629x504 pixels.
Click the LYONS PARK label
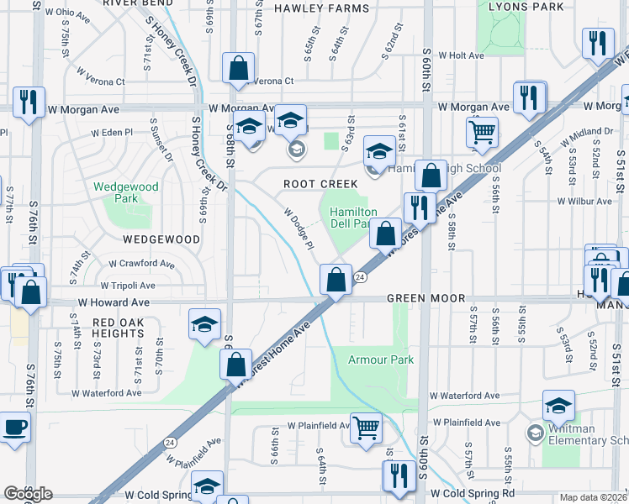[531, 7]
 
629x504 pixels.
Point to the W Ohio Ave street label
[68, 14]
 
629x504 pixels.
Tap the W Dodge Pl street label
[299, 229]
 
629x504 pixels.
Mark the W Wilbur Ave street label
[584, 202]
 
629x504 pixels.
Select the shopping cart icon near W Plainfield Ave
[367, 428]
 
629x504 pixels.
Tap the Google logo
[28, 494]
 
